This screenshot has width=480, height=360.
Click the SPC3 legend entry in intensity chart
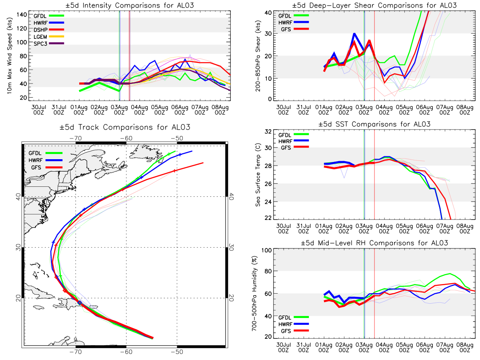tap(48, 44)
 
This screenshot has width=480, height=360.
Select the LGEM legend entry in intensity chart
tap(48, 36)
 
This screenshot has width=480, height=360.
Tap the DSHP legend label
tap(40, 30)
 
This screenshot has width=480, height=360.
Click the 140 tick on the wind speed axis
tap(22, 15)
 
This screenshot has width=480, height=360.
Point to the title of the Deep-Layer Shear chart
tap(374, 5)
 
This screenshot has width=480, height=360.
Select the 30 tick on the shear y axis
tap(268, 34)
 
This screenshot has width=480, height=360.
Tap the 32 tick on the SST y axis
tap(268, 132)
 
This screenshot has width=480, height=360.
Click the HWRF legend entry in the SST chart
tap(294, 141)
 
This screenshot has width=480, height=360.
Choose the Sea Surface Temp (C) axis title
tap(258, 175)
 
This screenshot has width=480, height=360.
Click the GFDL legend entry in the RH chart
tap(294, 317)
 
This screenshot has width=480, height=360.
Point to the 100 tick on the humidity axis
tap(266, 250)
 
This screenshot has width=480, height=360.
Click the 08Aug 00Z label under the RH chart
tap(465, 347)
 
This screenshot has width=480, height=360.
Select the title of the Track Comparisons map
tap(125, 127)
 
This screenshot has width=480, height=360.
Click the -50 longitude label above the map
tap(177, 138)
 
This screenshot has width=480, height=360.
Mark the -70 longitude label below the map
tap(76, 352)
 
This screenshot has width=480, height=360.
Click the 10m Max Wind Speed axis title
tap(10, 56)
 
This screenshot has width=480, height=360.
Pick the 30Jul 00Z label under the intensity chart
tap(39, 110)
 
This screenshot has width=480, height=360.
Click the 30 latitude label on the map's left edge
tap(18, 248)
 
